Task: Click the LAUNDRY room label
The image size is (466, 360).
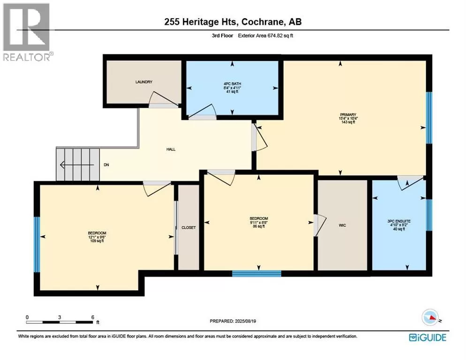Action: (144, 82)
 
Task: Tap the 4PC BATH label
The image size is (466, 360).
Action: (232, 84)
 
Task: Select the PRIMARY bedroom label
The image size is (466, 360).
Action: (348, 114)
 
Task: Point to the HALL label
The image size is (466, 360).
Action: (171, 149)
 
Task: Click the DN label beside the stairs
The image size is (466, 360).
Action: (106, 165)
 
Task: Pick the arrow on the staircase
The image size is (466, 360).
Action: (77, 165)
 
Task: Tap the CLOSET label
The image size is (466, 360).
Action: (189, 227)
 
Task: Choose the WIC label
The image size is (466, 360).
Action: (342, 225)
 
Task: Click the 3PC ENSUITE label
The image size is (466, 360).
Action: (399, 221)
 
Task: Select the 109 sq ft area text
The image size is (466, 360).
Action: (97, 241)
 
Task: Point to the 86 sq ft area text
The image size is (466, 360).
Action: (259, 226)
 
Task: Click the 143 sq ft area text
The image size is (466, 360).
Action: (348, 122)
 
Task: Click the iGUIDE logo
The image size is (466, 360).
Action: (428, 337)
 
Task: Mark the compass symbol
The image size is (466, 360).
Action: (430, 317)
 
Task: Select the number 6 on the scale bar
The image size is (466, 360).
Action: (93, 317)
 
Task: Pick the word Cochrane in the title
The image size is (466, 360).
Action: (261, 22)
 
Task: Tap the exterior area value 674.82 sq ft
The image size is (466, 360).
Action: (280, 36)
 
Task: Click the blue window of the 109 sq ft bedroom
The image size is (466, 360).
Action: (37, 244)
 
